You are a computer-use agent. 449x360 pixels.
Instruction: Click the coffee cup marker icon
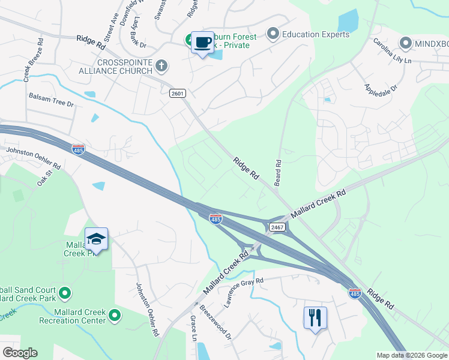coord(202,42)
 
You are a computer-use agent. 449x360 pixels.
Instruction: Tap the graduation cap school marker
coord(96,239)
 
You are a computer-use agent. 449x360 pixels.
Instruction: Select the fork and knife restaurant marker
coord(315,317)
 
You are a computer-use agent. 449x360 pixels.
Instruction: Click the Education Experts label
coord(316,34)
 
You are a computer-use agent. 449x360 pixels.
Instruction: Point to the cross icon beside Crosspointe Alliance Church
coord(161,65)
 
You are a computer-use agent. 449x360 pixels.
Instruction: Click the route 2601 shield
coord(178,93)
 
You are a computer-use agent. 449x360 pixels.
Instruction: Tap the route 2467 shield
coord(277,226)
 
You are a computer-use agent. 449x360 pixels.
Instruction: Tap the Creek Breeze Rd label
coord(33,60)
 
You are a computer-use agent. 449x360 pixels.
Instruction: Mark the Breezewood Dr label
coord(215,323)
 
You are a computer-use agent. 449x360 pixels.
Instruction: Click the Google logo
coord(20,353)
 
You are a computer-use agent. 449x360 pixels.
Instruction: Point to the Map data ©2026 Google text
coord(412,355)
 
